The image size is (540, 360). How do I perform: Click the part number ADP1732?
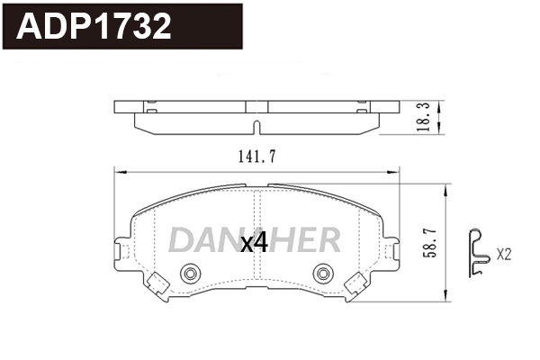pos(95,27)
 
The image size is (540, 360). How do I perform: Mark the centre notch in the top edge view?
pos(257,125)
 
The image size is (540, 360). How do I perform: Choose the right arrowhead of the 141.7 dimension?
pos(397,172)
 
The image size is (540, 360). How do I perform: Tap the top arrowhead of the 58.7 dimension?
pos(447,184)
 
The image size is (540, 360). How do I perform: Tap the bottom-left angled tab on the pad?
pos(158,282)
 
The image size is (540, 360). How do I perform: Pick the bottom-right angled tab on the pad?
pos(357,282)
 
